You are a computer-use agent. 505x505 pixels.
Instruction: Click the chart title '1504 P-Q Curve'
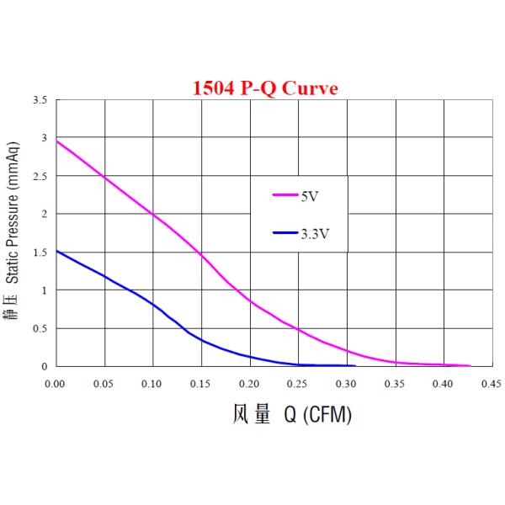point(266,88)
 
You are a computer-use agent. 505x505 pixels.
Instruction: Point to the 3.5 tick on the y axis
point(40,100)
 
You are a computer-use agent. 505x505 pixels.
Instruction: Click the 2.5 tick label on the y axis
point(40,176)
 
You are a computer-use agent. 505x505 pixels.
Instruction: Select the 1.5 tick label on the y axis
point(40,252)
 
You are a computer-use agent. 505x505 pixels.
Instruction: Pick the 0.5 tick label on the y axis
point(40,328)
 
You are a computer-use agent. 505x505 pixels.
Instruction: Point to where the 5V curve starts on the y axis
point(56,141)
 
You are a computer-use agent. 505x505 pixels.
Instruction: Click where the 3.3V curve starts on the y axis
point(56,251)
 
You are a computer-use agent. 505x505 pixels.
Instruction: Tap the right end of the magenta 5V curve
point(470,365)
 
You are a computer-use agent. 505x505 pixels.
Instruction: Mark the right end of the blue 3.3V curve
point(355,365)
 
